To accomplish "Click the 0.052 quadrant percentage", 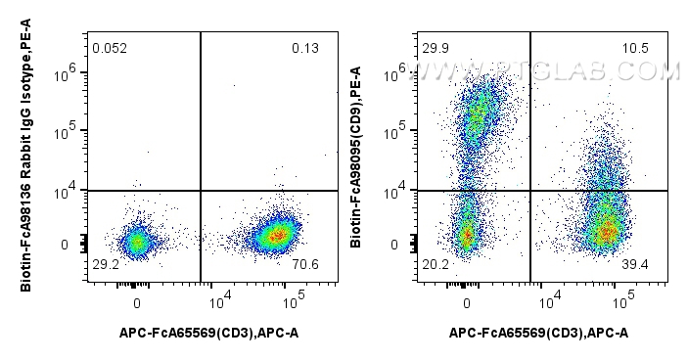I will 111,48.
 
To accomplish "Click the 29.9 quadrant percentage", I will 436,48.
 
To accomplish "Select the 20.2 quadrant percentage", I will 436,265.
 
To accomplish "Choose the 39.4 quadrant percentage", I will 636,265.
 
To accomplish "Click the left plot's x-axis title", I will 208,334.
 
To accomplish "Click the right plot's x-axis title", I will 539,334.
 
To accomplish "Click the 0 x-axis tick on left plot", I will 137,292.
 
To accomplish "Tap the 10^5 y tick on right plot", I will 397,131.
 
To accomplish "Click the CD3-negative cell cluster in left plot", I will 137,241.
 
